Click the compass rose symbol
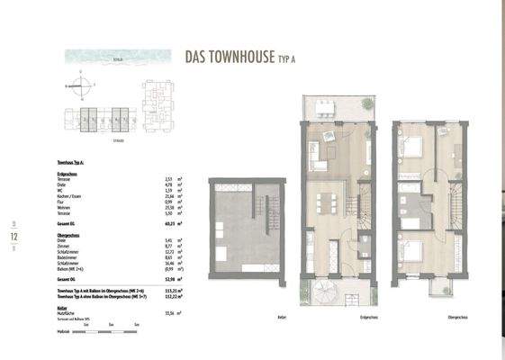point(81,87)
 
